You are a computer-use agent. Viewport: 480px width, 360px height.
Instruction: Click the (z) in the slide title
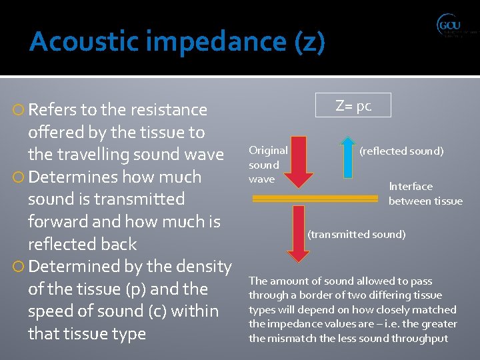(x=309, y=42)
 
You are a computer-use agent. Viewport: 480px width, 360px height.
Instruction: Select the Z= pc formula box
(x=353, y=105)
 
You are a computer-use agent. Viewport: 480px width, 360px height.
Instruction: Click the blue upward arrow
(x=347, y=157)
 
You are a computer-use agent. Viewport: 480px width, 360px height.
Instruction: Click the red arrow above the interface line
(x=299, y=161)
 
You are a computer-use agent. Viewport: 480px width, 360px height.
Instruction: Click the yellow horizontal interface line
(x=315, y=198)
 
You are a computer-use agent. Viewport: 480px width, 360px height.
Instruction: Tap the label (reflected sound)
(x=401, y=151)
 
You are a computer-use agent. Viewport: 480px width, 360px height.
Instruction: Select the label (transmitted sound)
(x=356, y=234)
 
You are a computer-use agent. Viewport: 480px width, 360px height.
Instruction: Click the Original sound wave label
(x=268, y=165)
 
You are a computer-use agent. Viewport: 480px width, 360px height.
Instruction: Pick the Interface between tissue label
(x=425, y=193)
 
